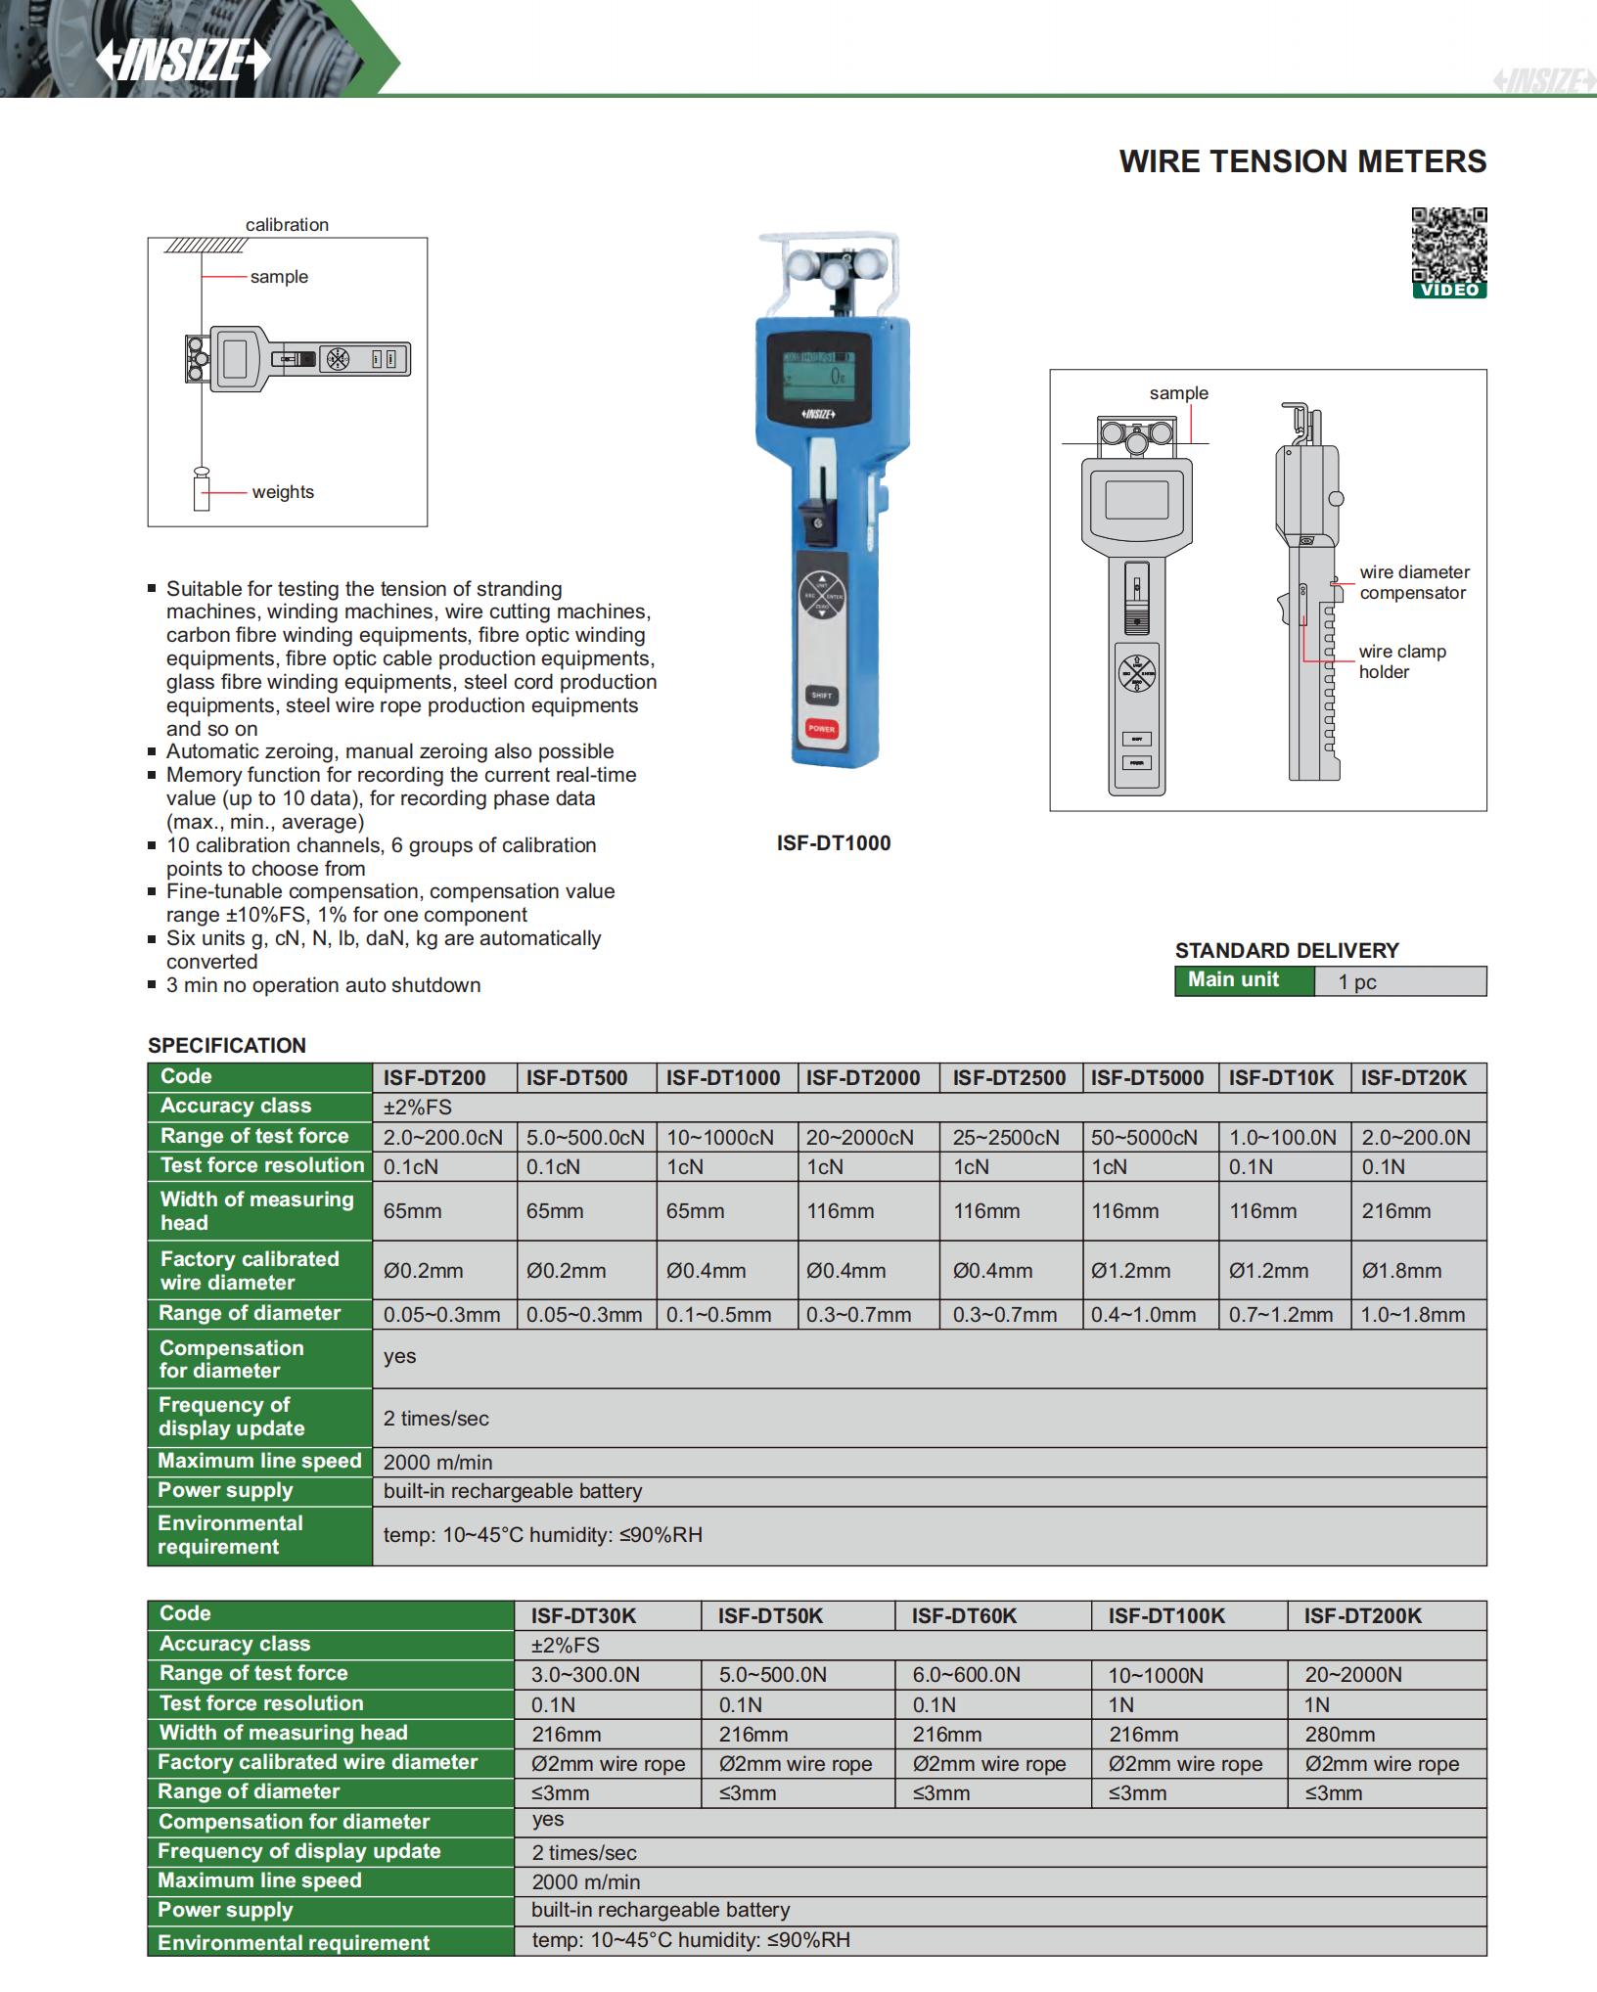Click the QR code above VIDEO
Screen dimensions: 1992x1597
point(1448,245)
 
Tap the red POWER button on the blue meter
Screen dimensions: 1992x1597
point(821,729)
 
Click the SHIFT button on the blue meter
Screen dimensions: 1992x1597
point(821,696)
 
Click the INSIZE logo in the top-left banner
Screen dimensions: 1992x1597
point(182,62)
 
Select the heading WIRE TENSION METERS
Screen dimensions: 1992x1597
point(1302,161)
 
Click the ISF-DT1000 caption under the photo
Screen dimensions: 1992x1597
point(834,843)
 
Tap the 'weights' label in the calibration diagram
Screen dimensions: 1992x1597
point(283,492)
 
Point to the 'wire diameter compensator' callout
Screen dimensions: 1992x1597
point(1414,582)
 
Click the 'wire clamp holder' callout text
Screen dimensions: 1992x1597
point(1401,661)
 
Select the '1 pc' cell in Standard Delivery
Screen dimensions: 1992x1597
point(1357,982)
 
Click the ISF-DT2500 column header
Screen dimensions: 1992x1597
point(1009,1078)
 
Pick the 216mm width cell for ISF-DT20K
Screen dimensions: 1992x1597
point(1395,1211)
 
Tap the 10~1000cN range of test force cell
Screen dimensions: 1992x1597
point(720,1138)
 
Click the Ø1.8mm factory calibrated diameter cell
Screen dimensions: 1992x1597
point(1401,1271)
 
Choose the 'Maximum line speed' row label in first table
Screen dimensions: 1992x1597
point(259,1462)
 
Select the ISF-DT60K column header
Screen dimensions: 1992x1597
point(964,1616)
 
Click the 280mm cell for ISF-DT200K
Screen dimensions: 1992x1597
point(1340,1735)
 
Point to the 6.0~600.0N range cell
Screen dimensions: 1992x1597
point(966,1675)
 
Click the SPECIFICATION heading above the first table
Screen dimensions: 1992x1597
point(227,1046)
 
